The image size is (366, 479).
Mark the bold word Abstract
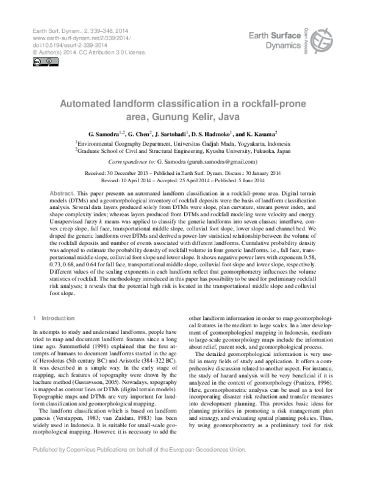(x=62, y=192)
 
